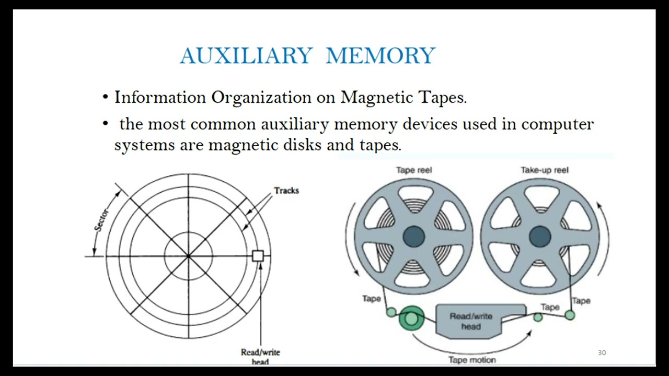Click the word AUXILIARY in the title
pyautogui.click(x=246, y=56)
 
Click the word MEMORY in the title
pyautogui.click(x=380, y=56)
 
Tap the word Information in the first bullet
pyautogui.click(x=160, y=98)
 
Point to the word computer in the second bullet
pyautogui.click(x=557, y=124)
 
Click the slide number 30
pyautogui.click(x=602, y=353)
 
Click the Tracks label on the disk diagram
pyautogui.click(x=286, y=191)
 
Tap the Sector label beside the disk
pyautogui.click(x=102, y=220)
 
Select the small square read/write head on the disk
pyautogui.click(x=258, y=256)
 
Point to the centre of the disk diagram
pyautogui.click(x=188, y=256)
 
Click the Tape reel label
pyautogui.click(x=414, y=170)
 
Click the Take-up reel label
pyautogui.click(x=544, y=170)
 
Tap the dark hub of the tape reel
pyautogui.click(x=414, y=236)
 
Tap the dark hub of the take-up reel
pyautogui.click(x=540, y=236)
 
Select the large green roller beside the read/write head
pyautogui.click(x=411, y=318)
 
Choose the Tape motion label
pyautogui.click(x=472, y=360)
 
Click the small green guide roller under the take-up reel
pyautogui.click(x=570, y=315)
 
